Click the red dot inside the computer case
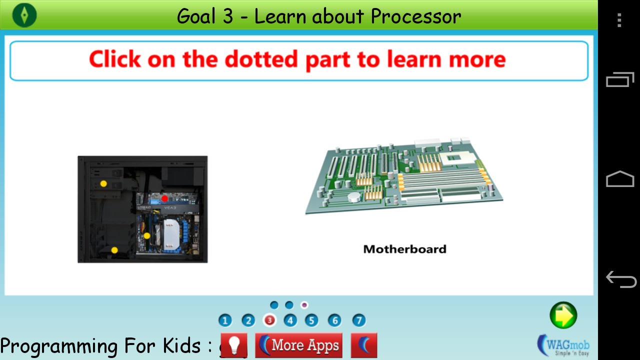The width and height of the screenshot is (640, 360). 164,198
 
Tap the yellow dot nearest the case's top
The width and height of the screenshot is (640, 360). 103,183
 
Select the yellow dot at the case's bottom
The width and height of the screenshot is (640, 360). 114,250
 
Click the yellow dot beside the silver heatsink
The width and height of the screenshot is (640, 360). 147,235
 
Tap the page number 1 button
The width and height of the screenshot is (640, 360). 225,320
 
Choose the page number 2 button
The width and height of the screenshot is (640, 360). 248,320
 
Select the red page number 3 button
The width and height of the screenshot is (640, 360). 269,320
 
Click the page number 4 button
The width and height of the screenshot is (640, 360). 290,320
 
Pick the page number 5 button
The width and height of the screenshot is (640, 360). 311,320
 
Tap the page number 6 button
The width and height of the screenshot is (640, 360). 334,320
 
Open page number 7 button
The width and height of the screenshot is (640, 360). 358,320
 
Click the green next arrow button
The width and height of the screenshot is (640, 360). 563,315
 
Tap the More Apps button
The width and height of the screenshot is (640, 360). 299,345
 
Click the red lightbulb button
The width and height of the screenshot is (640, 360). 234,345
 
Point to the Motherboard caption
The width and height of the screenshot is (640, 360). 404,249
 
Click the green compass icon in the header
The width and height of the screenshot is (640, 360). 24,15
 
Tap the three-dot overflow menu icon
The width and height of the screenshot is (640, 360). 619,20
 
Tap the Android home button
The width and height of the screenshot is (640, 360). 620,179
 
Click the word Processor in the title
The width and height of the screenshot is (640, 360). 415,16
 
